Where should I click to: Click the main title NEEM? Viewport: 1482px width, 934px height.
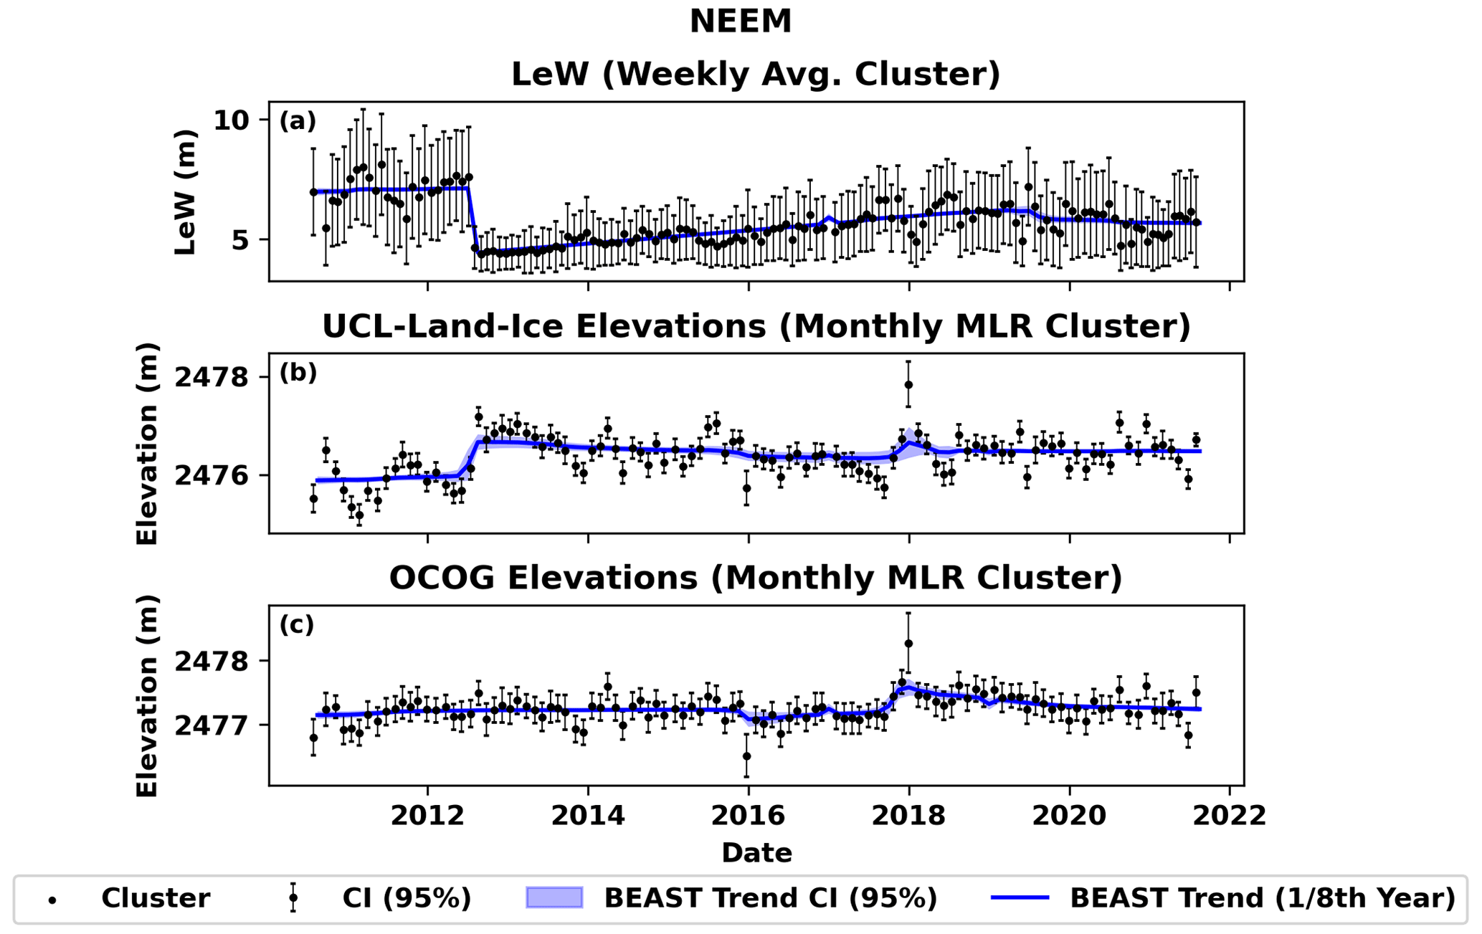pyautogui.click(x=741, y=22)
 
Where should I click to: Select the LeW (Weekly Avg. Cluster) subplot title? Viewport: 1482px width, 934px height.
pyautogui.click(x=756, y=75)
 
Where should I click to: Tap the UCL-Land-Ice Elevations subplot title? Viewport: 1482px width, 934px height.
pyautogui.click(x=756, y=326)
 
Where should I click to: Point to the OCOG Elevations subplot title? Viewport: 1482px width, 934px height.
pyautogui.click(x=756, y=578)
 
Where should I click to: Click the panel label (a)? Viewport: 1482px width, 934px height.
pyautogui.click(x=298, y=120)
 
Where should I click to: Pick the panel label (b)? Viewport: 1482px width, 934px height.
pyautogui.click(x=298, y=373)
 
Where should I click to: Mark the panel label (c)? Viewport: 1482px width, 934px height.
pyautogui.click(x=297, y=625)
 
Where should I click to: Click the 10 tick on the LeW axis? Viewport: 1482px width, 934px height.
pyautogui.click(x=231, y=120)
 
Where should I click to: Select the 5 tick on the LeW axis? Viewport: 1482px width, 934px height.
pyautogui.click(x=239, y=239)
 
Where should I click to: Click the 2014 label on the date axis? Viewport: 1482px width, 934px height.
pyautogui.click(x=588, y=816)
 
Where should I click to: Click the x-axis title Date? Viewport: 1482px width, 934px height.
pyautogui.click(x=756, y=853)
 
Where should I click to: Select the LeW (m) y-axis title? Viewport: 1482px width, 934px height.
pyautogui.click(x=185, y=192)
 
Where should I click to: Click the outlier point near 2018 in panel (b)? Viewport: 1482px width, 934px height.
pyautogui.click(x=908, y=385)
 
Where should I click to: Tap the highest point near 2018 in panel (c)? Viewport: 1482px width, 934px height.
pyautogui.click(x=908, y=644)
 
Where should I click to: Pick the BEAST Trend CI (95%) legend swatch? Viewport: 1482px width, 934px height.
pyautogui.click(x=554, y=897)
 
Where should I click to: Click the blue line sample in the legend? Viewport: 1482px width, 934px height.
pyautogui.click(x=1020, y=897)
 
